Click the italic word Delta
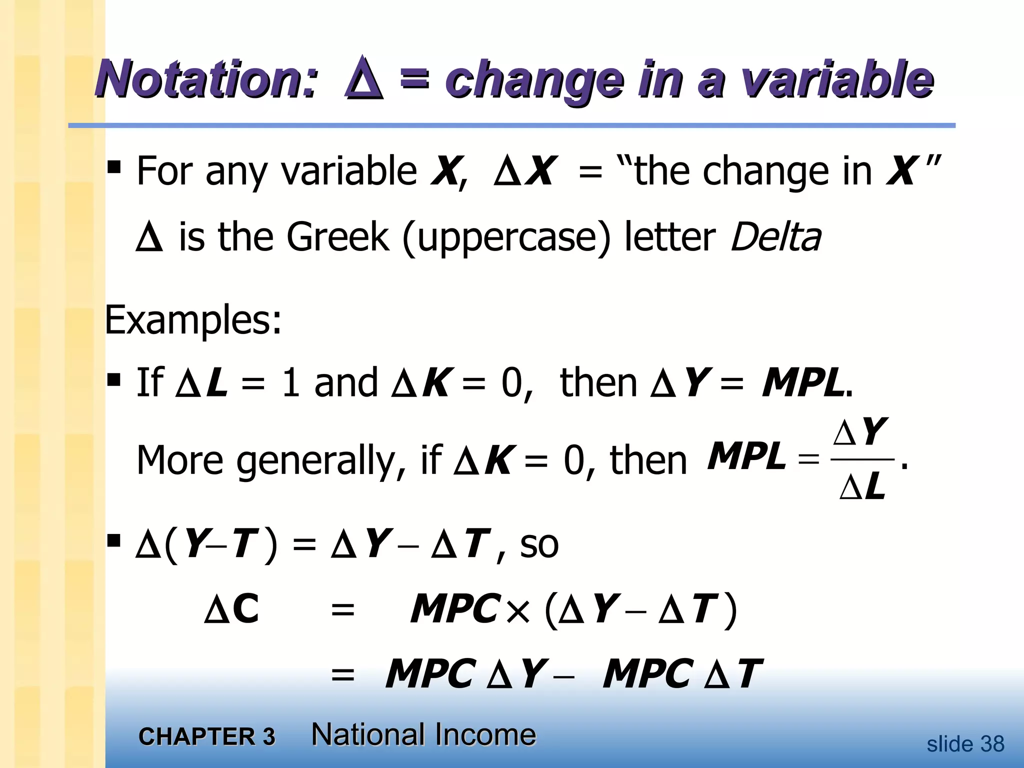[x=775, y=237]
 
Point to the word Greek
[x=337, y=237]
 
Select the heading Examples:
[x=193, y=320]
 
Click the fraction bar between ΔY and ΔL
[x=861, y=459]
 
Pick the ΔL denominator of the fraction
[x=862, y=486]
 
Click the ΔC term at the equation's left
[x=232, y=609]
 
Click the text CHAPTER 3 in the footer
[x=207, y=736]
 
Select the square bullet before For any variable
[x=114, y=167]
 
